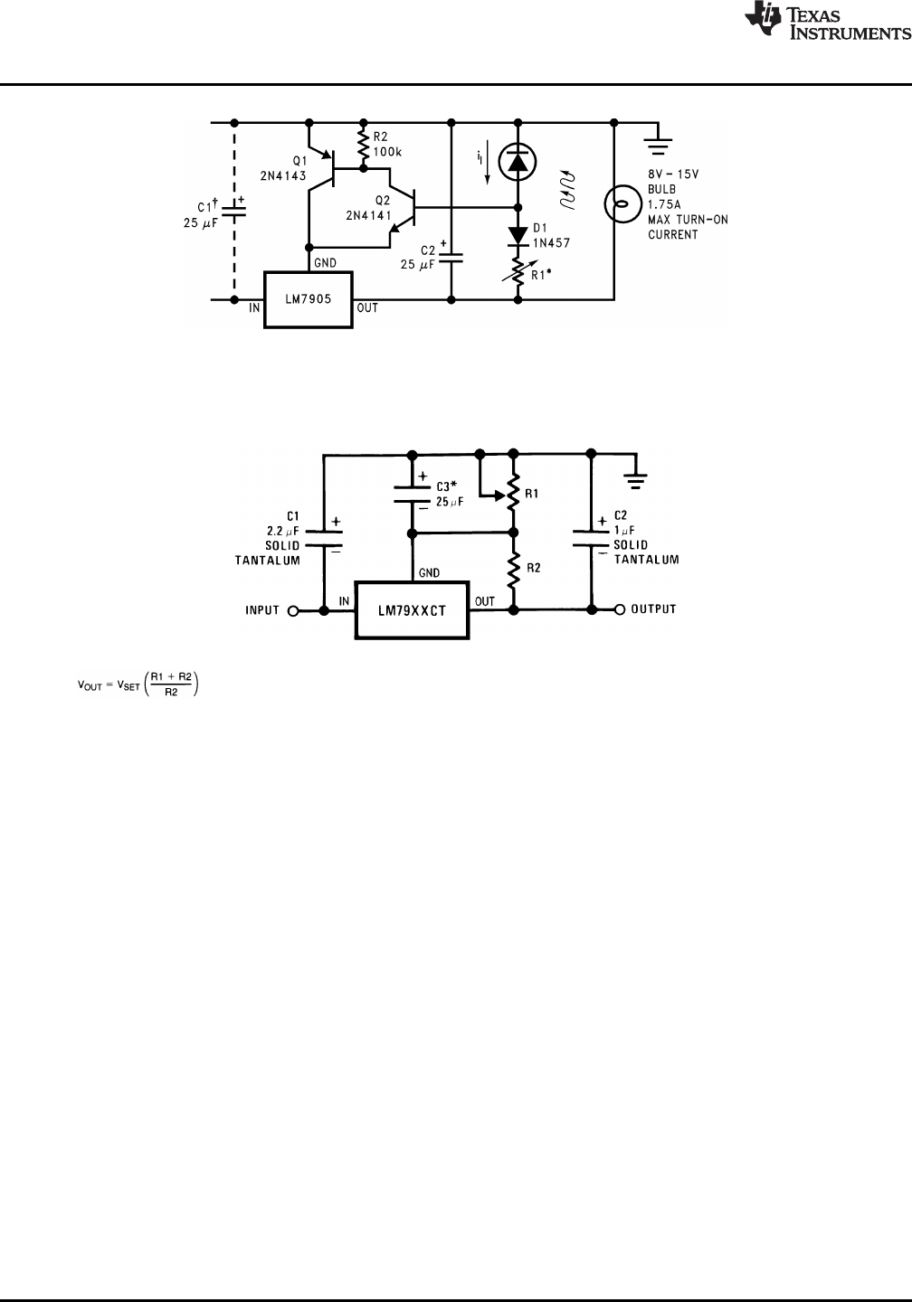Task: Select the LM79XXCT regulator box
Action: (412, 610)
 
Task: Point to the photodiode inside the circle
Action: (518, 161)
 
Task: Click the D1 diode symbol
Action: (518, 233)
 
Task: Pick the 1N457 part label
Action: (551, 243)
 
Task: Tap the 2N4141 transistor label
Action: (367, 215)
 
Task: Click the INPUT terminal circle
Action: (293, 610)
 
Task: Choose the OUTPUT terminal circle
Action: (620, 610)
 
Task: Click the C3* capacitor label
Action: (447, 486)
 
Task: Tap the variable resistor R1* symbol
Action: (518, 269)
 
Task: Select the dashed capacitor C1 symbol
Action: (235, 210)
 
